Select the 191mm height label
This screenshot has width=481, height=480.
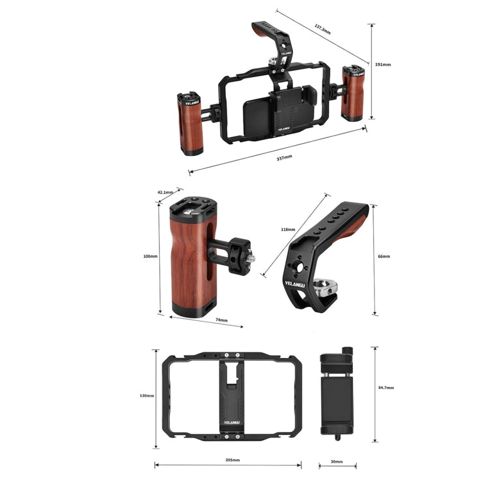(382, 65)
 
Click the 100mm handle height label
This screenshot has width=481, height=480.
(150, 256)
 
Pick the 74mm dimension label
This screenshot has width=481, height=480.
(221, 320)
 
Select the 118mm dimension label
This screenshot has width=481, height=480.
(288, 229)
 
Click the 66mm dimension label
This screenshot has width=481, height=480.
(384, 256)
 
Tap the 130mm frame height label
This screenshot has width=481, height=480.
(147, 396)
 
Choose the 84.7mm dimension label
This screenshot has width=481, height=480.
(385, 388)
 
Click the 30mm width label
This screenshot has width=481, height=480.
(336, 461)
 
